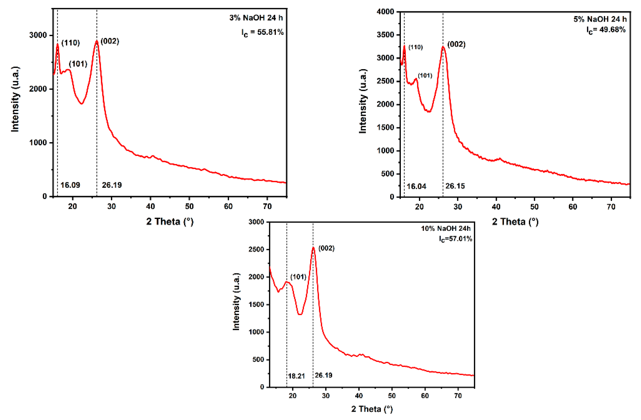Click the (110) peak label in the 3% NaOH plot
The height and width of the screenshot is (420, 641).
(x=71, y=43)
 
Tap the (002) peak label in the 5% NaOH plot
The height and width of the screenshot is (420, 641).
(x=456, y=44)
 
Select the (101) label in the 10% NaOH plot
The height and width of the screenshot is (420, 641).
(x=298, y=277)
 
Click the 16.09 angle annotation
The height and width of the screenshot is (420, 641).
(x=70, y=185)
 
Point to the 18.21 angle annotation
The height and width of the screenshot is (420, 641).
(x=296, y=376)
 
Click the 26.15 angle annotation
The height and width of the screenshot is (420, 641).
(x=455, y=186)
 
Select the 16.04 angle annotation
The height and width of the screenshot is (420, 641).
(x=416, y=186)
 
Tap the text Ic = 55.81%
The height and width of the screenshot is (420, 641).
(x=262, y=33)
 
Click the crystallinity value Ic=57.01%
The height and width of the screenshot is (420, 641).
(x=455, y=239)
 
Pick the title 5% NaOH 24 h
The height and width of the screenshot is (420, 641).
(x=600, y=19)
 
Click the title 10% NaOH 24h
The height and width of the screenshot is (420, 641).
(x=446, y=229)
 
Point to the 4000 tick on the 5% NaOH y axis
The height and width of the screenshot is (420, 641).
(x=386, y=12)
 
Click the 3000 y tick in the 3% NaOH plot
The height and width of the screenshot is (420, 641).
(x=38, y=35)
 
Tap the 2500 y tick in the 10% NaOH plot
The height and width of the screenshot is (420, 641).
(x=256, y=250)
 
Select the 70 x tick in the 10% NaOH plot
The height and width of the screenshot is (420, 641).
(x=458, y=396)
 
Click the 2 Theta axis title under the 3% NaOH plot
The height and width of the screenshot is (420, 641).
(x=170, y=221)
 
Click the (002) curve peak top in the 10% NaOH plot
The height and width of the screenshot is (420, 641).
(x=313, y=247)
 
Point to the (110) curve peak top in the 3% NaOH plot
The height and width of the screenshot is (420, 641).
(x=57, y=44)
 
